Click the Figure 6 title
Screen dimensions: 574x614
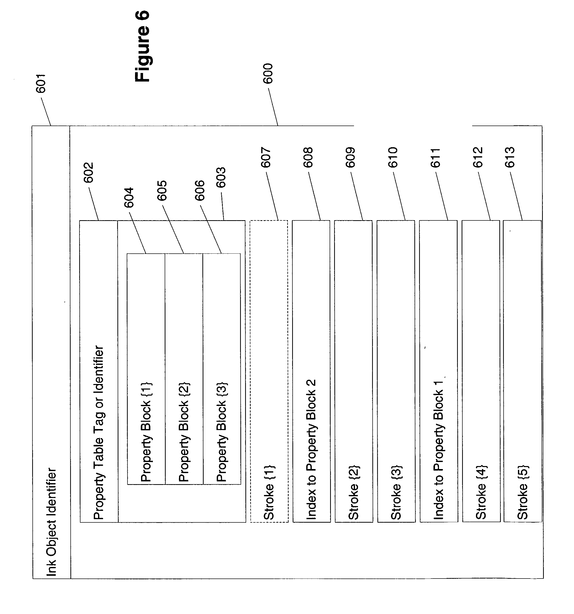[143, 46]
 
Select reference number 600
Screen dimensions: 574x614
[268, 73]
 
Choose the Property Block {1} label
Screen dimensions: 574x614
[146, 432]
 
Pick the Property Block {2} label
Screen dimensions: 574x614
[184, 432]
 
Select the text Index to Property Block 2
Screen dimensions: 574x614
[311, 449]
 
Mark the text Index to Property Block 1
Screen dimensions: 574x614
[438, 449]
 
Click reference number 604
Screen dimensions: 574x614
[129, 198]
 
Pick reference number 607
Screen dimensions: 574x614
[266, 158]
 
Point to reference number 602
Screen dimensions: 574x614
[89, 173]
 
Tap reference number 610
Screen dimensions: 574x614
[393, 158]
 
